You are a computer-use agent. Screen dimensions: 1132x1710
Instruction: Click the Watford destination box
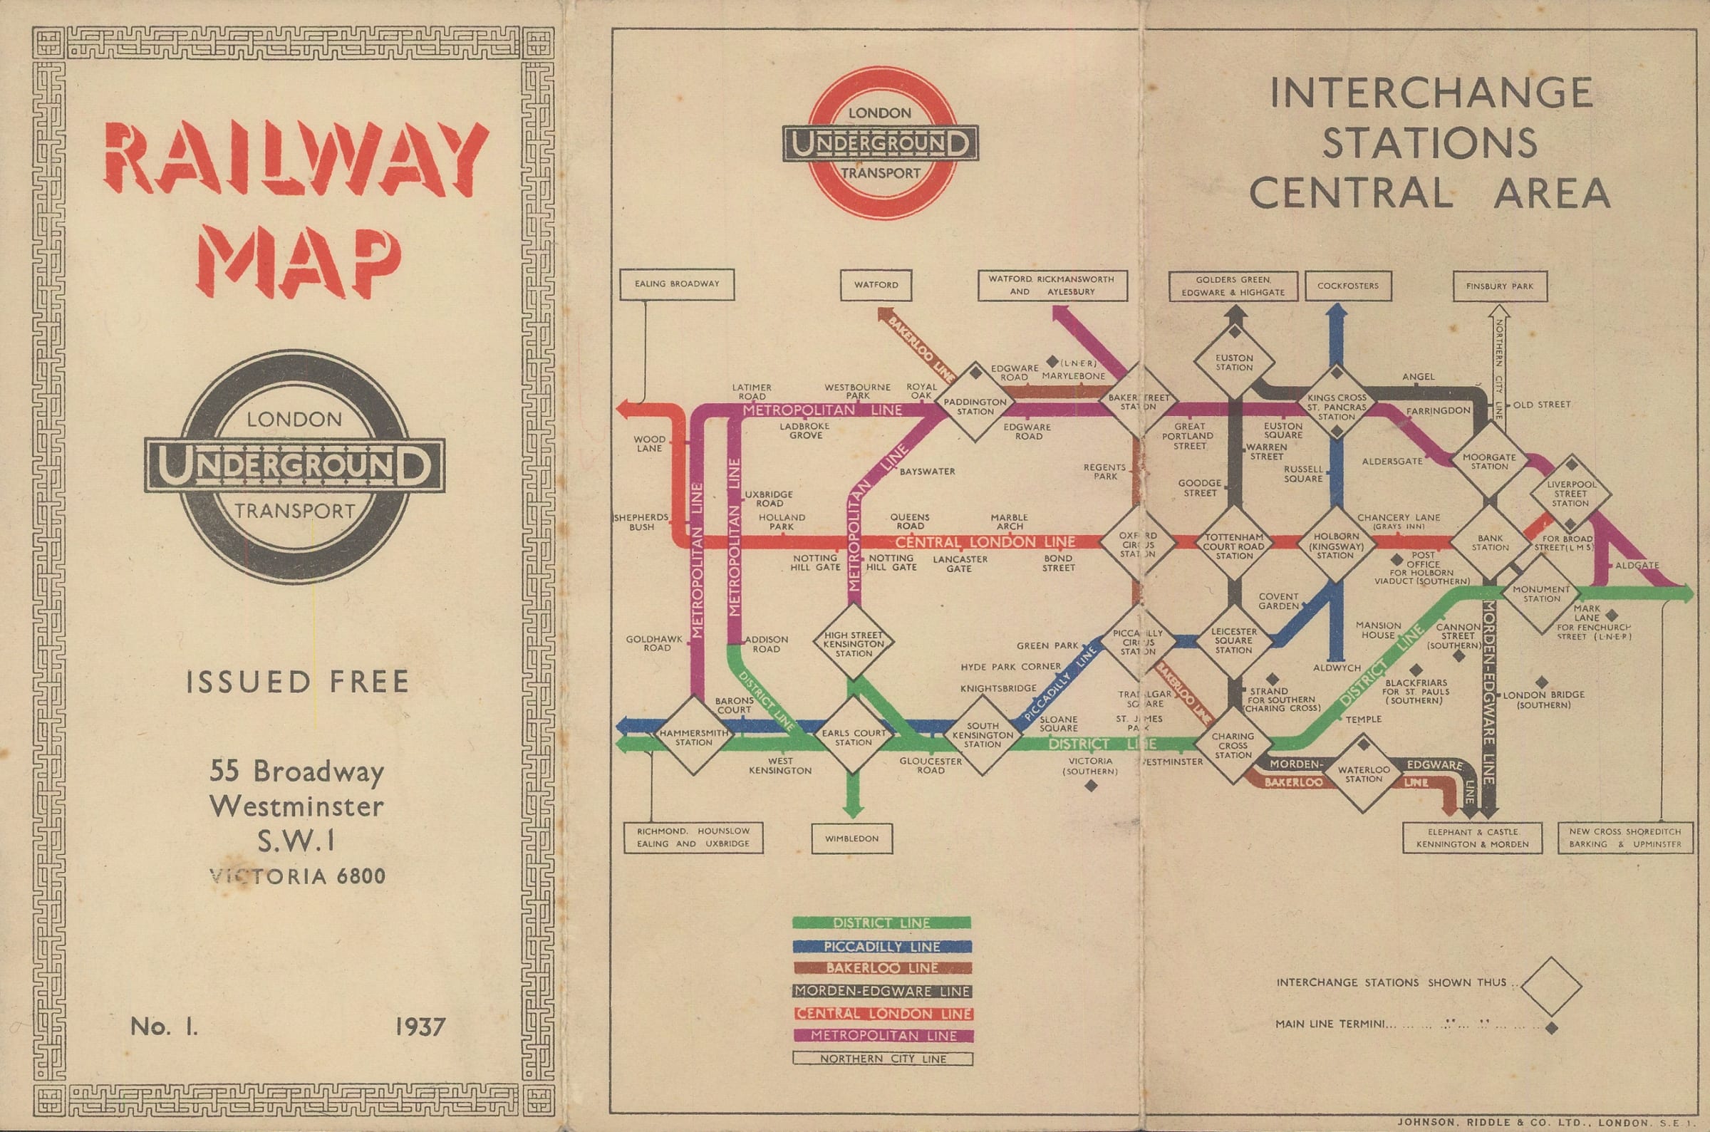[x=876, y=285]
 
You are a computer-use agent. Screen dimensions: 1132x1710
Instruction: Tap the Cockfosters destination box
[x=1347, y=286]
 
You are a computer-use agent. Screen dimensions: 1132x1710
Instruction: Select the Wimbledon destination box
[x=851, y=839]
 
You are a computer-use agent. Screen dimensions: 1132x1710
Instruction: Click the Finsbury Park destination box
[x=1500, y=286]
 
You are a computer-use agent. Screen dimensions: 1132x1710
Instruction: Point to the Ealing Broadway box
[x=676, y=284]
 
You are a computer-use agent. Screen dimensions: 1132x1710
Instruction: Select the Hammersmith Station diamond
[x=693, y=737]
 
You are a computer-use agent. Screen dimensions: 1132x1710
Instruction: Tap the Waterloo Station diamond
[x=1364, y=774]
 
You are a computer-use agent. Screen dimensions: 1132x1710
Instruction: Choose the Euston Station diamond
[x=1233, y=363]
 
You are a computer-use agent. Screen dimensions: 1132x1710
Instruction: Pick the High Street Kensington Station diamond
[x=853, y=644]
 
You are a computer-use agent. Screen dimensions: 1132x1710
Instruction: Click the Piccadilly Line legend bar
[x=881, y=947]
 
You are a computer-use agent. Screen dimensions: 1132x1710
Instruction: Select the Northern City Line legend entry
[x=882, y=1059]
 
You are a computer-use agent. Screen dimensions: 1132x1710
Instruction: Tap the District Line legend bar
[x=881, y=923]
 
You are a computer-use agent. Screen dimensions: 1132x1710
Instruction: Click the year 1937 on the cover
[x=420, y=1027]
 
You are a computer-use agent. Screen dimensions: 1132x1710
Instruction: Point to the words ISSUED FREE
[x=297, y=682]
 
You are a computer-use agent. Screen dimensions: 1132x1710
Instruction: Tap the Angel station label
[x=1418, y=377]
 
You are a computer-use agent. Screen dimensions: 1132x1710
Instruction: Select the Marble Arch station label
[x=1008, y=522]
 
